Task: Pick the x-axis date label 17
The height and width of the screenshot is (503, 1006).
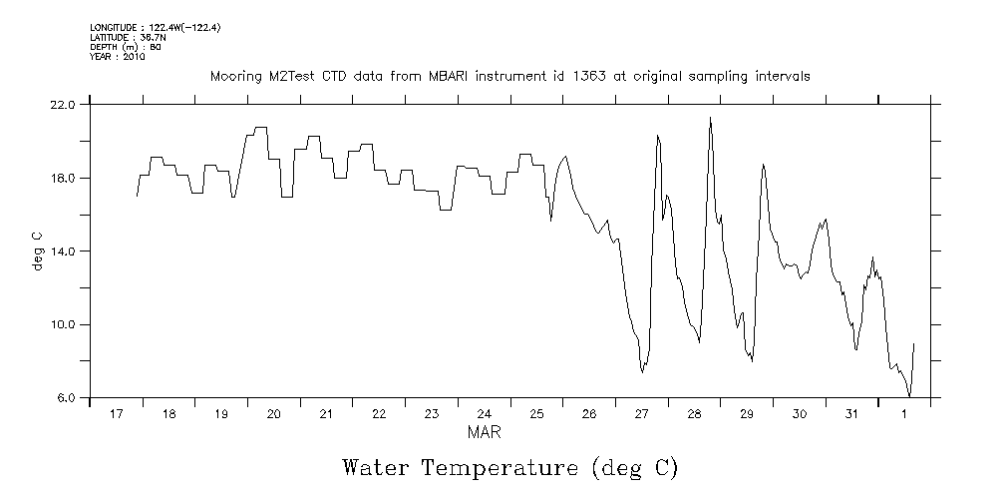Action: (x=116, y=413)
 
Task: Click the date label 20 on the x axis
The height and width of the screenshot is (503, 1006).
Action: (x=273, y=413)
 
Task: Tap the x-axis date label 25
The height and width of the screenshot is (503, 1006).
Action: (x=536, y=413)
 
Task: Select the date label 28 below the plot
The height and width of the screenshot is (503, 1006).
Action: (x=694, y=413)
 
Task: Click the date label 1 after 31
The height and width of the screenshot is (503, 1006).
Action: (x=904, y=413)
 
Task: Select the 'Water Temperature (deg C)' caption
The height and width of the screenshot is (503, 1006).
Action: (x=509, y=467)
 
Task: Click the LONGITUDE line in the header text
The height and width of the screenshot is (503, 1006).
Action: (x=155, y=27)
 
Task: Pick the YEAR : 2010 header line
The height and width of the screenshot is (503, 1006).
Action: (x=118, y=57)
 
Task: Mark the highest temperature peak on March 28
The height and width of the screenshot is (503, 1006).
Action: (x=710, y=118)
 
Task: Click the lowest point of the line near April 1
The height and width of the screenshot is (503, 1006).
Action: (x=909, y=396)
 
